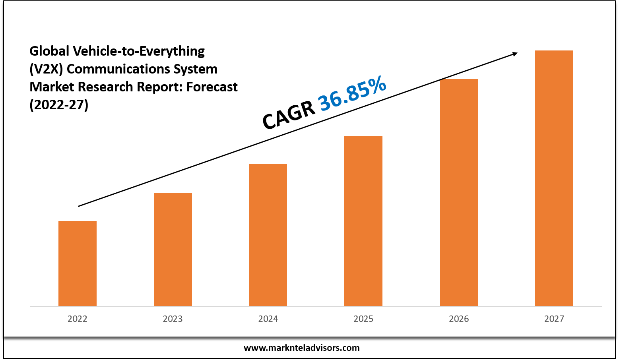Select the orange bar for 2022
pos(78,263)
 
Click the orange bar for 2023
pos(173,249)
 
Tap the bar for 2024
pos(268,235)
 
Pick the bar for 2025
pos(363,221)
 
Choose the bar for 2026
pos(459,192)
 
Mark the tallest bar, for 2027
pos(554,178)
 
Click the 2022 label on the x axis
pos(78,319)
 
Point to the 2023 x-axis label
pos(173,319)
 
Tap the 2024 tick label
pos(268,319)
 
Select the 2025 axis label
pos(363,319)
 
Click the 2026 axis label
pos(459,319)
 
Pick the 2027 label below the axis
pos(554,319)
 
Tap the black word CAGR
pos(288,116)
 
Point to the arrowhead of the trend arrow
pos(515,54)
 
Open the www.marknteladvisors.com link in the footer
pos(301,348)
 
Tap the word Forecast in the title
pos(212,87)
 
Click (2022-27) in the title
pos(59,105)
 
